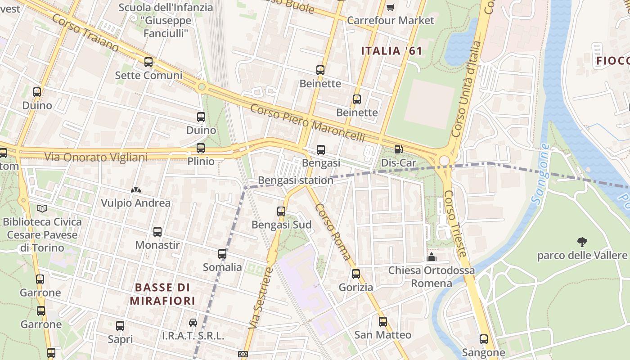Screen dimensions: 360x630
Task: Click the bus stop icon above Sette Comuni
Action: pyautogui.click(x=148, y=62)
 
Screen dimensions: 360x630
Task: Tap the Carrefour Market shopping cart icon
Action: pyautogui.click(x=390, y=7)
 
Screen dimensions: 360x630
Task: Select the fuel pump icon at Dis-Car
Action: pyautogui.click(x=398, y=149)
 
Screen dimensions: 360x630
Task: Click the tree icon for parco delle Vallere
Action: pyautogui.click(x=582, y=242)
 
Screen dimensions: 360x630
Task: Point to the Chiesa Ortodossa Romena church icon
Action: pyautogui.click(x=432, y=257)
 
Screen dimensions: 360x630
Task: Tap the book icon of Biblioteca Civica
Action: pyautogui.click(x=42, y=208)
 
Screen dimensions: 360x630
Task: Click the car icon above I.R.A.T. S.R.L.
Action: pyautogui.click(x=193, y=322)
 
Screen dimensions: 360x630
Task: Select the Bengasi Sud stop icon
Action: pyautogui.click(x=281, y=211)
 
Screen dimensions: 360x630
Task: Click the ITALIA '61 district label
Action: pyautogui.click(x=391, y=51)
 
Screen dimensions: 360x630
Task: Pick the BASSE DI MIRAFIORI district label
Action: pyautogui.click(x=162, y=294)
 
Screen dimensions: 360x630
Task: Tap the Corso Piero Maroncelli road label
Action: pyautogui.click(x=307, y=123)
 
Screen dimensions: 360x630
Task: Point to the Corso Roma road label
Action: pyautogui.click(x=333, y=232)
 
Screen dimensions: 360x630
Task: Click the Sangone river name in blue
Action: pyautogui.click(x=540, y=174)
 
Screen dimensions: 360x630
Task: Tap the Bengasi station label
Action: pyautogui.click(x=296, y=180)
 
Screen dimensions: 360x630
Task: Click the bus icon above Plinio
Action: pyautogui.click(x=201, y=148)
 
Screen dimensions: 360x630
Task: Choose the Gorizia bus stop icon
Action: pyautogui.click(x=356, y=274)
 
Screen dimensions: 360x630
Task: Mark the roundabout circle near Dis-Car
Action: pyautogui.click(x=445, y=161)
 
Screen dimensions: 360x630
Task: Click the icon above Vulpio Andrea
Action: pyautogui.click(x=135, y=190)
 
